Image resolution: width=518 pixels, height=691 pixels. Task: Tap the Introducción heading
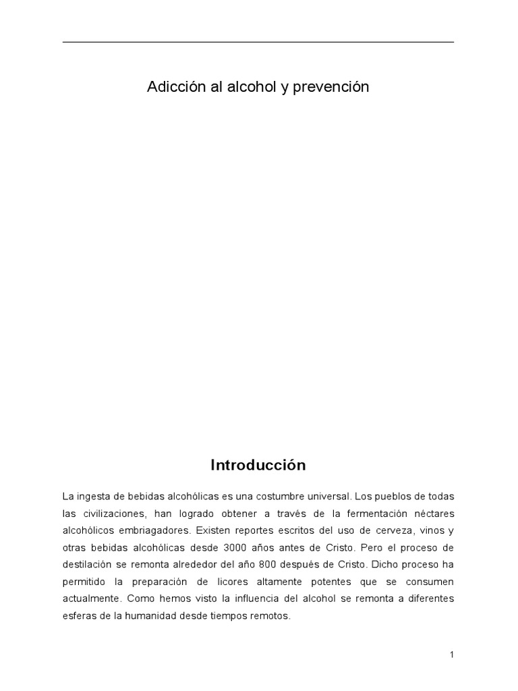point(258,466)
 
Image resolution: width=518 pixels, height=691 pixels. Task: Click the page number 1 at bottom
point(451,655)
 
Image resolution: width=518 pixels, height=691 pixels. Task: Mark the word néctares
point(434,514)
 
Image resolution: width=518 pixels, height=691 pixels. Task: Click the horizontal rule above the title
point(258,43)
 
